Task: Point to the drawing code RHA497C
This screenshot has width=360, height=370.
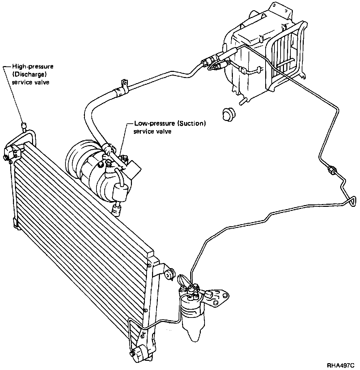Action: click(341, 365)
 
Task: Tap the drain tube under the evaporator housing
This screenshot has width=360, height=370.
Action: click(242, 101)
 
